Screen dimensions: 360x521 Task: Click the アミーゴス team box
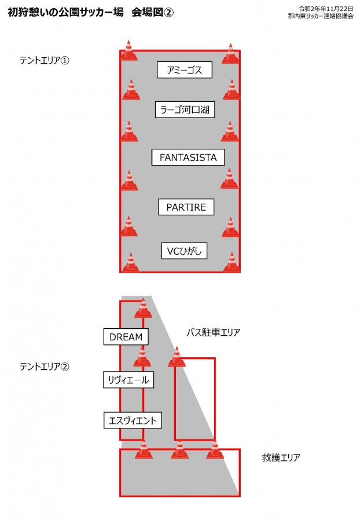(184, 70)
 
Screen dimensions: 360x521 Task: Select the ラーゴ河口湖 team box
(185, 109)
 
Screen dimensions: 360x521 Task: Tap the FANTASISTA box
(188, 157)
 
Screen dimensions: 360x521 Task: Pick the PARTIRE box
(186, 207)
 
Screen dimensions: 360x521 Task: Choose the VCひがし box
(184, 251)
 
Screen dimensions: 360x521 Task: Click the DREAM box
(126, 336)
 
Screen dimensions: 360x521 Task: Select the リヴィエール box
(128, 380)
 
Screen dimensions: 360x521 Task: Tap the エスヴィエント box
(133, 420)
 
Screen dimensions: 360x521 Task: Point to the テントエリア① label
(45, 60)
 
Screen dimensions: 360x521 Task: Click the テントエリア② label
(45, 366)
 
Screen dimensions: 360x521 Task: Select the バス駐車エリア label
(213, 332)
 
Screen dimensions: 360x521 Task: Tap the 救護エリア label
(281, 457)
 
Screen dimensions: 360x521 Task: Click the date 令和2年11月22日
(325, 9)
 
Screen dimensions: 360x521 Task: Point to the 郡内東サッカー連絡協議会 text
(321, 16)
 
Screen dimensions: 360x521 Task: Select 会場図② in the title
(152, 12)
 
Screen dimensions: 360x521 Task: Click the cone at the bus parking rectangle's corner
(177, 357)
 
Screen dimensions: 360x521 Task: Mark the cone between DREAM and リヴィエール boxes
(142, 356)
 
